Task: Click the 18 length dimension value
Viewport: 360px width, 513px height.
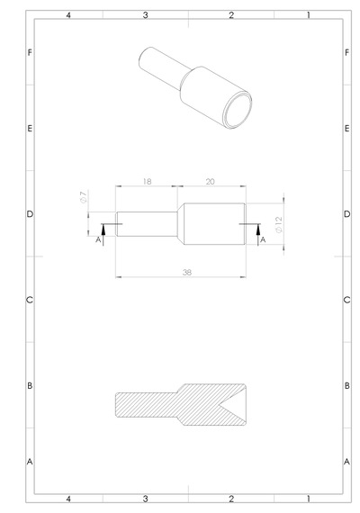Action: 148,182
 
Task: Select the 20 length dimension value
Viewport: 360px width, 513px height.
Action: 210,182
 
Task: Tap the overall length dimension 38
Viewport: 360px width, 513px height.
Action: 187,272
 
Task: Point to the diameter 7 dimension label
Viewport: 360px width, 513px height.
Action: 84,197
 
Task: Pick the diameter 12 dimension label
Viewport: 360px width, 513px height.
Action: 279,224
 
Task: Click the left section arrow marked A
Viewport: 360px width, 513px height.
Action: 103,235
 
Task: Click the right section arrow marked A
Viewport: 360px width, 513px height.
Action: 258,235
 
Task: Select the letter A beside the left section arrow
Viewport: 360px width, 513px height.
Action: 98,240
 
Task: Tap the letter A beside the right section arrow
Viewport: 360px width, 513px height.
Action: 263,240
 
